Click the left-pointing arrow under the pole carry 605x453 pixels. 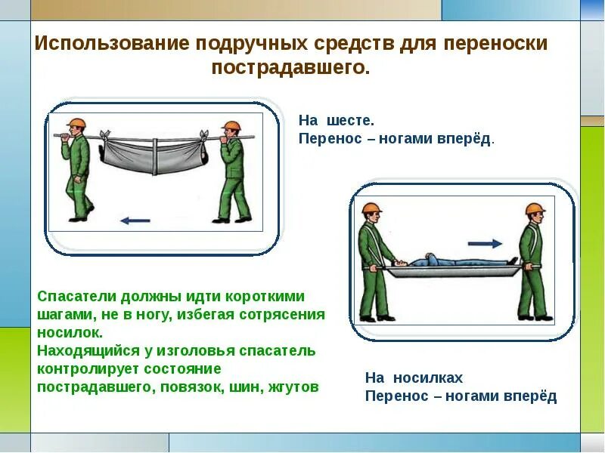click(x=135, y=220)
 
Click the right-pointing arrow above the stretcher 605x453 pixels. click(x=485, y=244)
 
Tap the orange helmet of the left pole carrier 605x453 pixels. click(x=74, y=124)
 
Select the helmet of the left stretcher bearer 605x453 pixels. click(x=371, y=209)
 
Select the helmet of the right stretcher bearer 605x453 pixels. click(x=535, y=209)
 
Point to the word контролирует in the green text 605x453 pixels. click(x=83, y=369)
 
